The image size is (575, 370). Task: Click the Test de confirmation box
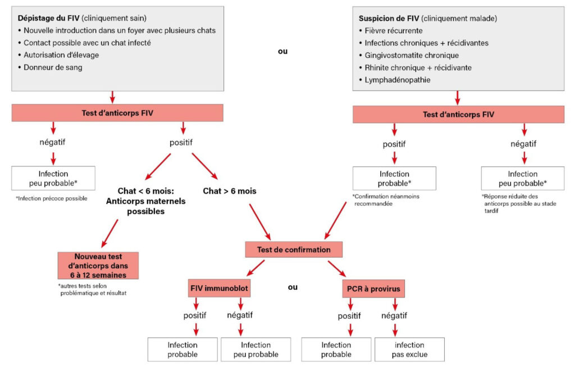[293, 250]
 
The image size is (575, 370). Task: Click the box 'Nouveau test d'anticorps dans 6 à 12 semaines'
[98, 266]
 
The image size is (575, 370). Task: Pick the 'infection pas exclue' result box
[409, 349]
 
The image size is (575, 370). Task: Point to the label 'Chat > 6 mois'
[230, 191]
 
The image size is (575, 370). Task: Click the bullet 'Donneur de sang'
[53, 67]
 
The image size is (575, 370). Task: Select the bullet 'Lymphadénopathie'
[398, 80]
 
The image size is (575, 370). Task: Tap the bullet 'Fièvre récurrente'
[393, 30]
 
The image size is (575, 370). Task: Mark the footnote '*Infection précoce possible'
[52, 198]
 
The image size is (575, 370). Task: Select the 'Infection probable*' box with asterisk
[394, 178]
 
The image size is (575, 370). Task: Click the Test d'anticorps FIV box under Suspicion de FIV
[458, 115]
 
